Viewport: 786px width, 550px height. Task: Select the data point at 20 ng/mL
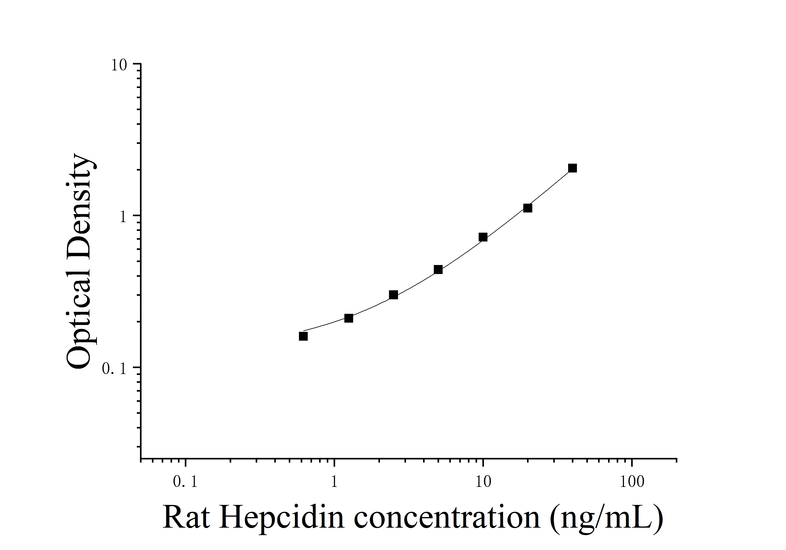[x=528, y=208]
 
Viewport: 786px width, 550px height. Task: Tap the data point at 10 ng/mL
[x=483, y=237]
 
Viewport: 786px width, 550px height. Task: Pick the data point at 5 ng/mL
[x=438, y=270]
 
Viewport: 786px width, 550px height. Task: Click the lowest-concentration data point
[x=303, y=336]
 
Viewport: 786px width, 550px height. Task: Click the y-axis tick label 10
[x=119, y=65]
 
